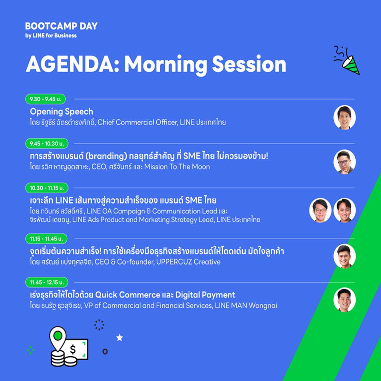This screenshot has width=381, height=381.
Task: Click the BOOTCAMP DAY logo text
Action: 61,26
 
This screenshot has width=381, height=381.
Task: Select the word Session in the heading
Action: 249,64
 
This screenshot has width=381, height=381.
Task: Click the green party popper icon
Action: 347,60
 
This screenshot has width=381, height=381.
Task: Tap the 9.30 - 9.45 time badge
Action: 46,99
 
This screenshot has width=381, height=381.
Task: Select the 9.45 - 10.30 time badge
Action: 47,144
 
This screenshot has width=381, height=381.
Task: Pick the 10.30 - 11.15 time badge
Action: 47,188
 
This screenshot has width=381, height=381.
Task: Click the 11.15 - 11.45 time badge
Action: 46,239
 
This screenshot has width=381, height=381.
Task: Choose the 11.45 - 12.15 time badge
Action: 47,282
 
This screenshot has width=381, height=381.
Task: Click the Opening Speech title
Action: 61,112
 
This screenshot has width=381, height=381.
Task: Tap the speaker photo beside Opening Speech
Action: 345,117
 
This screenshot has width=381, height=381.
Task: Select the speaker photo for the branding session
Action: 345,162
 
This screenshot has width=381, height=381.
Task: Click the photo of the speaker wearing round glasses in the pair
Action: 320,210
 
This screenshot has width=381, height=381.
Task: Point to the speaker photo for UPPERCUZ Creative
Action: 345,256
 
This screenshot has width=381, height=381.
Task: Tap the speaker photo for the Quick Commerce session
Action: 345,300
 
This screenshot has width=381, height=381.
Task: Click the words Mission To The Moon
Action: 177,167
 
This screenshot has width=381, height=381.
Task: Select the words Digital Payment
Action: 205,295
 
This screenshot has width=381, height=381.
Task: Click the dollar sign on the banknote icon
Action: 73,350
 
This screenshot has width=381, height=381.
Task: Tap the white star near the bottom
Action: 119,338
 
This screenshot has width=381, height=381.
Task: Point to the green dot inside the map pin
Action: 58,336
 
